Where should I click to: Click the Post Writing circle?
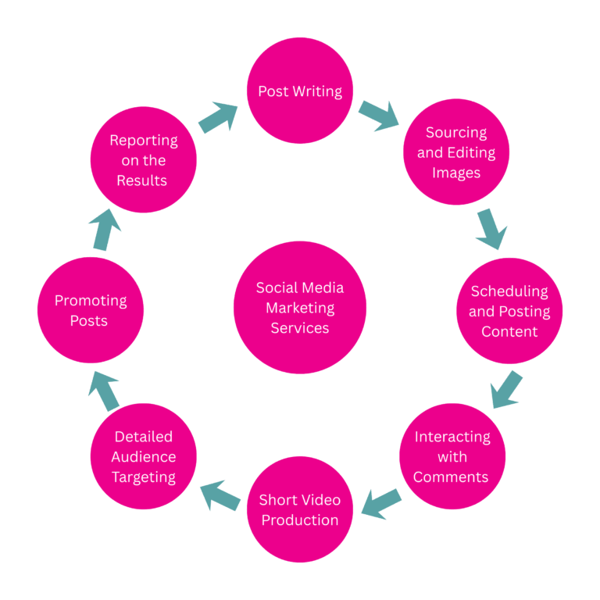(x=300, y=91)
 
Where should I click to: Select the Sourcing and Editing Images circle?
(x=456, y=152)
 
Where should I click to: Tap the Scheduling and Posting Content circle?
(x=509, y=311)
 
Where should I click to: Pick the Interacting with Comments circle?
(x=452, y=456)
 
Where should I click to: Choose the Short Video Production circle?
(x=300, y=509)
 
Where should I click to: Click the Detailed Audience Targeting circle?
(x=144, y=456)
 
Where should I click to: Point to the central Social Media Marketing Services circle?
(x=300, y=308)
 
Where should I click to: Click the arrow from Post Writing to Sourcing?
(x=379, y=115)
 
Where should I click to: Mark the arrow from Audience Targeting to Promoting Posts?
(x=104, y=391)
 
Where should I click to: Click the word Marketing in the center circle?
(x=300, y=308)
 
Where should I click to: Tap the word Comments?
(x=451, y=477)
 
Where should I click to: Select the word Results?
(x=142, y=180)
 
